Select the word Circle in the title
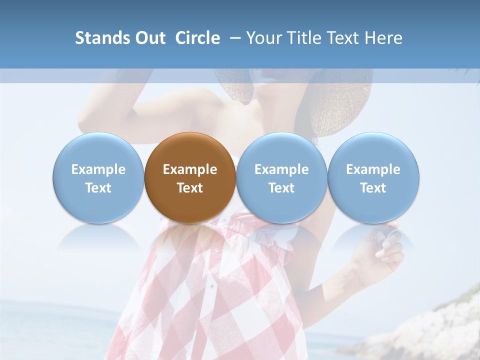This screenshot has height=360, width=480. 197,38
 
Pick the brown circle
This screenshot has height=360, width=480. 190,177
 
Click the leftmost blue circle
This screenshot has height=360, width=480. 98,177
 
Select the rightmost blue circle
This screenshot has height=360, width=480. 373,177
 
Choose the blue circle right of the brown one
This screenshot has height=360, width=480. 281,177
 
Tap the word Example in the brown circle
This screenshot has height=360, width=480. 190,169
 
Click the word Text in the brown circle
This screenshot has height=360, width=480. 190,188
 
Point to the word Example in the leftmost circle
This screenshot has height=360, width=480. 98,169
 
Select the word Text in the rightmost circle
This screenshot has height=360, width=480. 373,188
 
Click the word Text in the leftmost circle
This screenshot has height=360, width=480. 98,188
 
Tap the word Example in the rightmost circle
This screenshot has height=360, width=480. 373,169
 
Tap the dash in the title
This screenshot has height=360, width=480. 233,38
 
